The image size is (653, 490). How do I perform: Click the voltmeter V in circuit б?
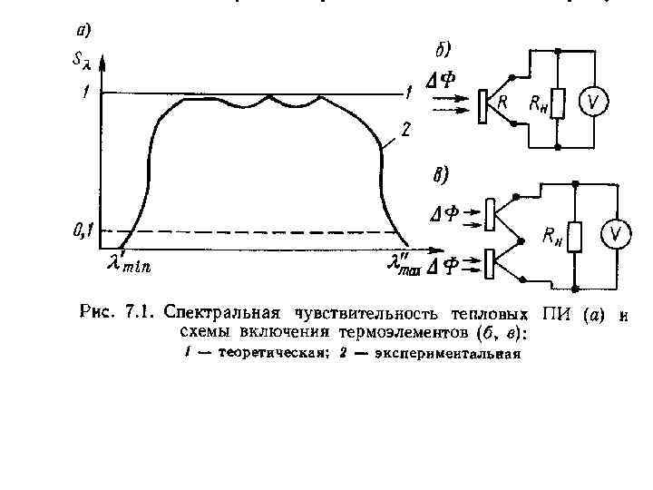tap(594, 103)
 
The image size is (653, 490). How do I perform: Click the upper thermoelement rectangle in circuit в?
tap(490, 214)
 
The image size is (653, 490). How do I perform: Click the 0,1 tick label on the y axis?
tap(82, 232)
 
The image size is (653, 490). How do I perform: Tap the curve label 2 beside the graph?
tap(405, 130)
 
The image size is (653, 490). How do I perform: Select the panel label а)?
tap(82, 30)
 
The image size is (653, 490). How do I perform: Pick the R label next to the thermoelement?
tap(502, 103)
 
